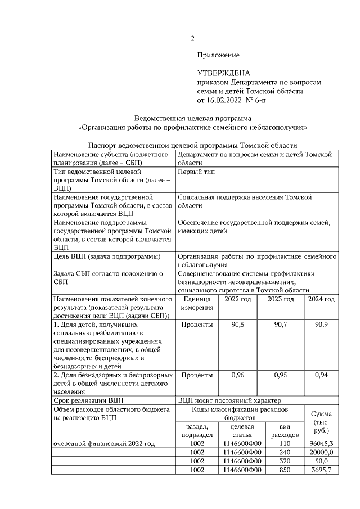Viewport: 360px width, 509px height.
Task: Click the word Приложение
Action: tap(218, 55)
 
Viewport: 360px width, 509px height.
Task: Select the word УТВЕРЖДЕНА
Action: tap(223, 73)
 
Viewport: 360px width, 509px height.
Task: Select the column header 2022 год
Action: tap(238, 299)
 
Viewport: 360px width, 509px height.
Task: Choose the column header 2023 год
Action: tap(280, 299)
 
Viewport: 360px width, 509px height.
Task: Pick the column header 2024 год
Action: tap(321, 299)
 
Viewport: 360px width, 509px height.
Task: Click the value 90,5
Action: tap(238, 325)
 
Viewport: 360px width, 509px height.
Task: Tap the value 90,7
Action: tap(280, 325)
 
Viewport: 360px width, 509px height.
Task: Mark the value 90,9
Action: tap(321, 325)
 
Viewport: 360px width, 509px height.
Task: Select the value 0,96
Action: tap(238, 375)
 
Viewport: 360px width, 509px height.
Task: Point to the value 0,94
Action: tap(321, 375)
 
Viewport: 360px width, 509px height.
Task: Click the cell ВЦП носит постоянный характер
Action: tap(228, 400)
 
